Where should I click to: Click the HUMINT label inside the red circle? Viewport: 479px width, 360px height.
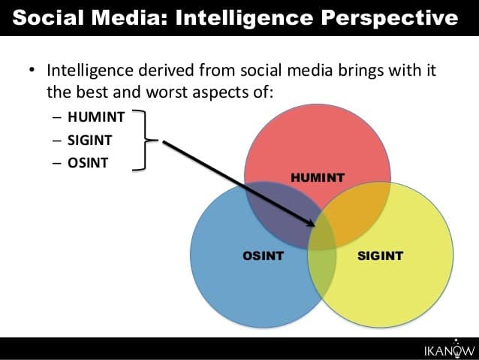[318, 177]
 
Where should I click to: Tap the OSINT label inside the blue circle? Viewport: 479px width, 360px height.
[263, 256]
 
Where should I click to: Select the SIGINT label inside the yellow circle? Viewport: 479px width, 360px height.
[381, 256]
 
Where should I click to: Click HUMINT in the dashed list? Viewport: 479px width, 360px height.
[96, 116]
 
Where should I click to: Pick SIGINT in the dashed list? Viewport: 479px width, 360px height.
[90, 140]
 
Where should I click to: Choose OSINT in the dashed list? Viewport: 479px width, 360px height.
[88, 163]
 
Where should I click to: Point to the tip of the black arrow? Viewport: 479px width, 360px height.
[315, 226]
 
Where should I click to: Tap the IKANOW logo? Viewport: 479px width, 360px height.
[450, 349]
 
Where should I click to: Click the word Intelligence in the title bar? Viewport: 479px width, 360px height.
[244, 18]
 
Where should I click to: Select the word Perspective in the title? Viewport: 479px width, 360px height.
[390, 18]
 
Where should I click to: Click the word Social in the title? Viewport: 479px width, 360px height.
[48, 17]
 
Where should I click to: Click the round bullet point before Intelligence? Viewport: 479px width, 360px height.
[32, 70]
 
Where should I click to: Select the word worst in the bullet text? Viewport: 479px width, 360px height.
[166, 92]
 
